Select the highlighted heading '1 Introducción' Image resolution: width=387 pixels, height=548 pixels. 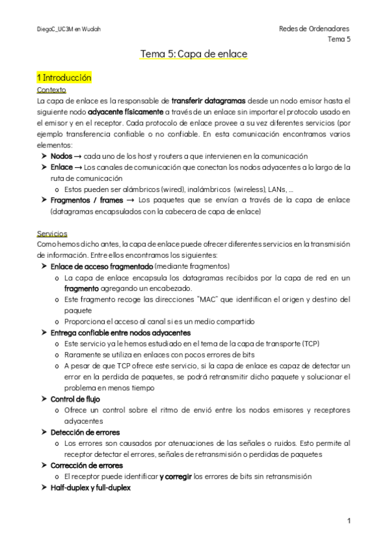click(64, 78)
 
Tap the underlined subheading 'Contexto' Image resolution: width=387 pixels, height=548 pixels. click(51, 90)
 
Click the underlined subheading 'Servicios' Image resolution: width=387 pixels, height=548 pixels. click(52, 233)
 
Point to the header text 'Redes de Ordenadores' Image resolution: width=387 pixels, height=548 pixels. click(314, 29)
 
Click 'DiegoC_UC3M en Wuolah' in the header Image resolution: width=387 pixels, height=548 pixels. click(68, 30)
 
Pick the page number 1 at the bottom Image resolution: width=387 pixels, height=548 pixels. click(348, 521)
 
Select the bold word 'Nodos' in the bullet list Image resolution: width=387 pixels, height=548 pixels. click(61, 156)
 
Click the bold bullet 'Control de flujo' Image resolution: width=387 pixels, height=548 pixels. click(75, 399)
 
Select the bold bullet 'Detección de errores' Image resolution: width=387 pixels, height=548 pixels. click(85, 432)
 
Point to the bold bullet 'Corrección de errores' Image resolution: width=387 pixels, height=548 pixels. click(87, 465)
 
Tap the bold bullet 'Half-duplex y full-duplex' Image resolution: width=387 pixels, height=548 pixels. click(90, 487)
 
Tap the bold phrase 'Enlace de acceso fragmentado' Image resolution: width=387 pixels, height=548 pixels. click(101, 266)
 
